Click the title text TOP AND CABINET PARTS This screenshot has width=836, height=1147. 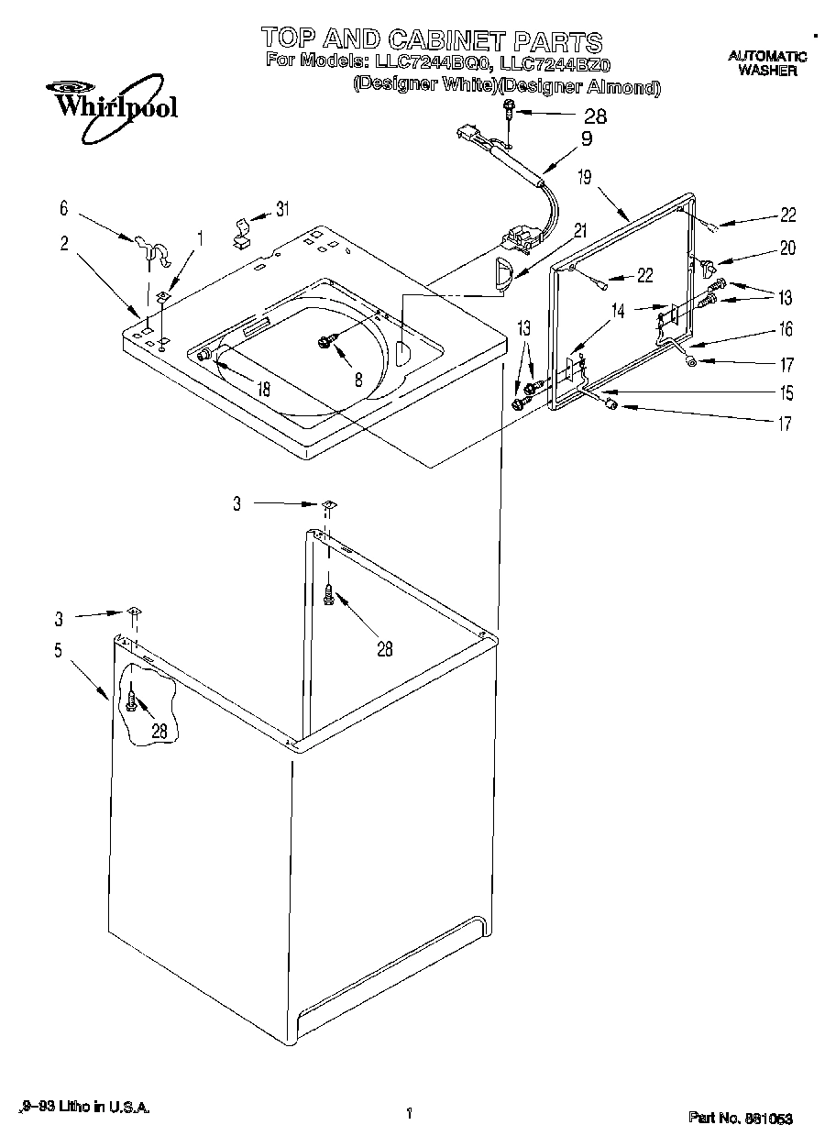pos(431,39)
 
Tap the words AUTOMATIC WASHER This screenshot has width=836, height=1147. pos(767,63)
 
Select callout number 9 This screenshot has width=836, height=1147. pos(586,139)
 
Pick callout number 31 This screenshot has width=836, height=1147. pos(282,209)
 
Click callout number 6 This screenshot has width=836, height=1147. pos(63,209)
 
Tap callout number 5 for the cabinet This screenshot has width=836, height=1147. pos(58,652)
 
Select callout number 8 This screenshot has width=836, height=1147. pos(358,377)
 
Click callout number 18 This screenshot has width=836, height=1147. pos(264,389)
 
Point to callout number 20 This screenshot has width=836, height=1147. pos(787,248)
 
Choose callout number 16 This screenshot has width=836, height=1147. pos(786,330)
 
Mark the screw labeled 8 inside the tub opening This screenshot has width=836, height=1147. pos(325,341)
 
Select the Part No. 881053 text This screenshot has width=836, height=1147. pos(741,1118)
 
